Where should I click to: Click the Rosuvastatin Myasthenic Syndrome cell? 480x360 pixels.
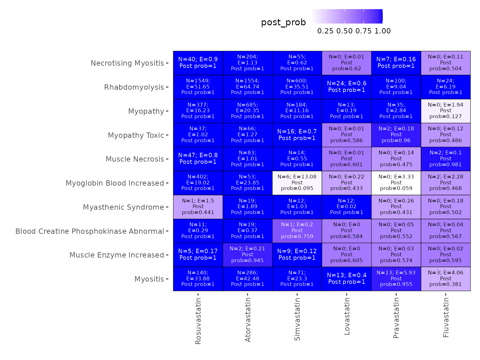coord(198,207)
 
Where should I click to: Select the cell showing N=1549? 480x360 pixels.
coord(198,87)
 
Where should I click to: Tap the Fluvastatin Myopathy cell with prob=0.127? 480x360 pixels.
coord(446,111)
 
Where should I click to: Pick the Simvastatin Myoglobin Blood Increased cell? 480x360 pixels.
coord(297,183)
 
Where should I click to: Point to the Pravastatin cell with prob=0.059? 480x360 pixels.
coord(396,183)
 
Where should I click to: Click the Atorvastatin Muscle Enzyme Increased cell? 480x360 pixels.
coord(247,255)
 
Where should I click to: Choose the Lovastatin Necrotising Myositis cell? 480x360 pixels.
coord(347,63)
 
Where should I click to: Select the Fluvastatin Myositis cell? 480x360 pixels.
coord(446,279)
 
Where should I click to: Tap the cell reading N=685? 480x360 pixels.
coord(247,111)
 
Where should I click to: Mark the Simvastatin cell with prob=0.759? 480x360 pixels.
coord(297,231)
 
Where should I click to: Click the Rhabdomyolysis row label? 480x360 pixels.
coord(134,87)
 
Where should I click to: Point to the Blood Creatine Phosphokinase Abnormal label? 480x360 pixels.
coord(90,231)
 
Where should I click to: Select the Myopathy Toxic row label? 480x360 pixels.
coord(136,135)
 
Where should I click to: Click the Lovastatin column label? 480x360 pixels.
coord(347,316)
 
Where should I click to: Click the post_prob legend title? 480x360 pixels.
coord(283,22)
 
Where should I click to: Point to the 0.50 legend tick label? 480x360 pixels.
coord(344,31)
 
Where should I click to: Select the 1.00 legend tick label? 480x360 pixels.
coord(382,31)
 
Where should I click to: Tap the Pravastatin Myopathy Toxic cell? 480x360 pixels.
coord(396,135)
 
